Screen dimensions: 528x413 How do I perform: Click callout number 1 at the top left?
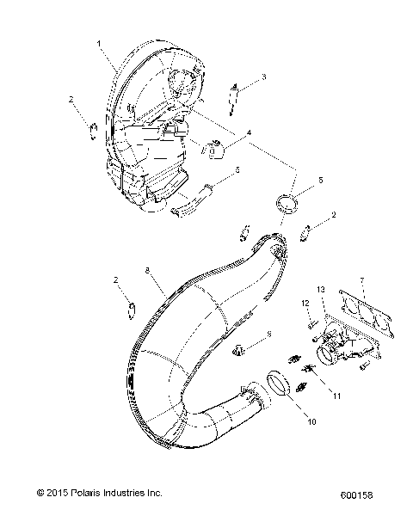[x=100, y=42]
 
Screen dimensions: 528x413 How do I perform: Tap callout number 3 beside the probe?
[x=263, y=77]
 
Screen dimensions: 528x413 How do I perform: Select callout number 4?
[x=249, y=133]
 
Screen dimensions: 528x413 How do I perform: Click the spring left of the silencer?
[x=91, y=129]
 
